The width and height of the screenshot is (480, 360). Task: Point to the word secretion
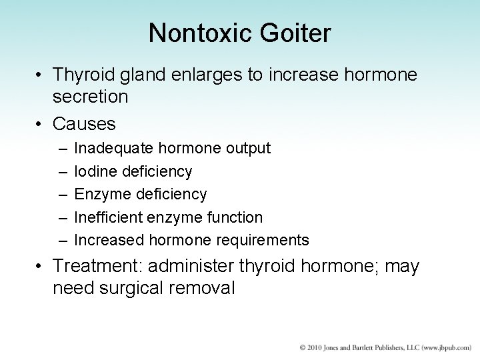click(91, 97)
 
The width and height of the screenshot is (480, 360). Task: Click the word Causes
click(84, 124)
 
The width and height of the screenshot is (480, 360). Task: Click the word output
click(248, 148)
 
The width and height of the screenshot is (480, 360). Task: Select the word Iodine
click(95, 171)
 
